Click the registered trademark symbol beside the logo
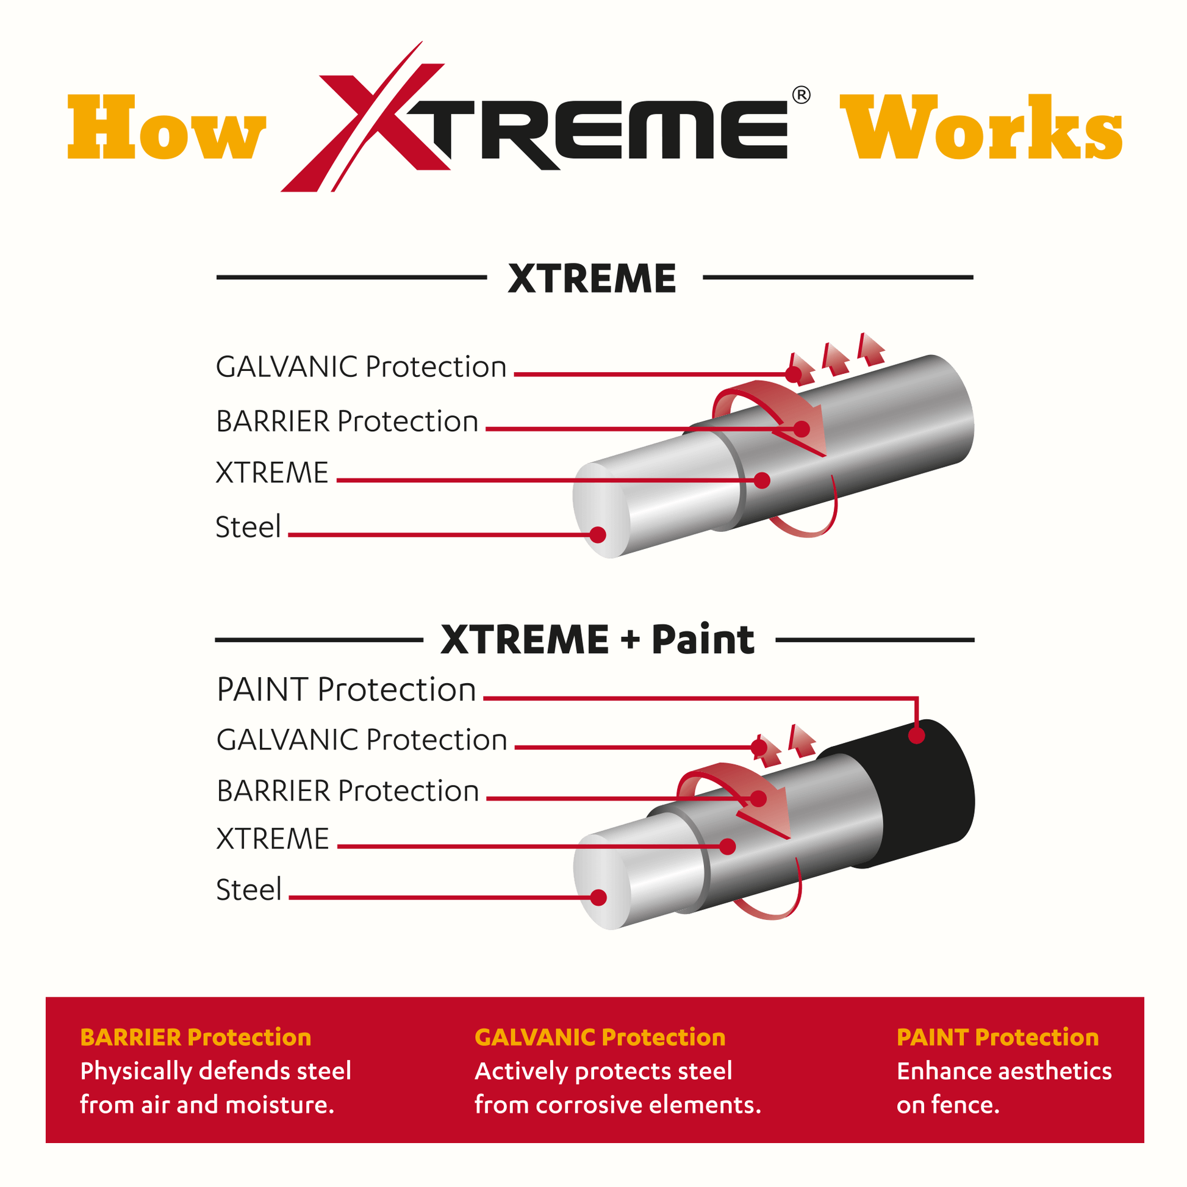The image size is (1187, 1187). tap(801, 95)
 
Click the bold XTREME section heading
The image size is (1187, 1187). tap(592, 278)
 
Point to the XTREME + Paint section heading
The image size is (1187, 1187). tap(597, 640)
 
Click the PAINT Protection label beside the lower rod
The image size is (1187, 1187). tap(346, 689)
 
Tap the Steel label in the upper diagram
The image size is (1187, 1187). tap(248, 526)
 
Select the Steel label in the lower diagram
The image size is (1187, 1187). tap(249, 889)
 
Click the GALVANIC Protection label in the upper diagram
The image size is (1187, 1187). tap(361, 367)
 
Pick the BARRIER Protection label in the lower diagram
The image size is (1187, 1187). tap(348, 791)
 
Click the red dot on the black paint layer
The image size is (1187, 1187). tap(917, 736)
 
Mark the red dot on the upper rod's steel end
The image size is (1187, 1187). tap(598, 534)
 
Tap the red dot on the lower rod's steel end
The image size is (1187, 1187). tap(598, 898)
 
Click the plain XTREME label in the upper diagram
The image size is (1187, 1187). tap(272, 473)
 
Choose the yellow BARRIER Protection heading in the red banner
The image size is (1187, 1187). tap(195, 1037)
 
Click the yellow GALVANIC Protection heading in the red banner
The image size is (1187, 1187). tap(600, 1037)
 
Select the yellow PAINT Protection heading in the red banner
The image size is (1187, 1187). tap(998, 1037)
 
